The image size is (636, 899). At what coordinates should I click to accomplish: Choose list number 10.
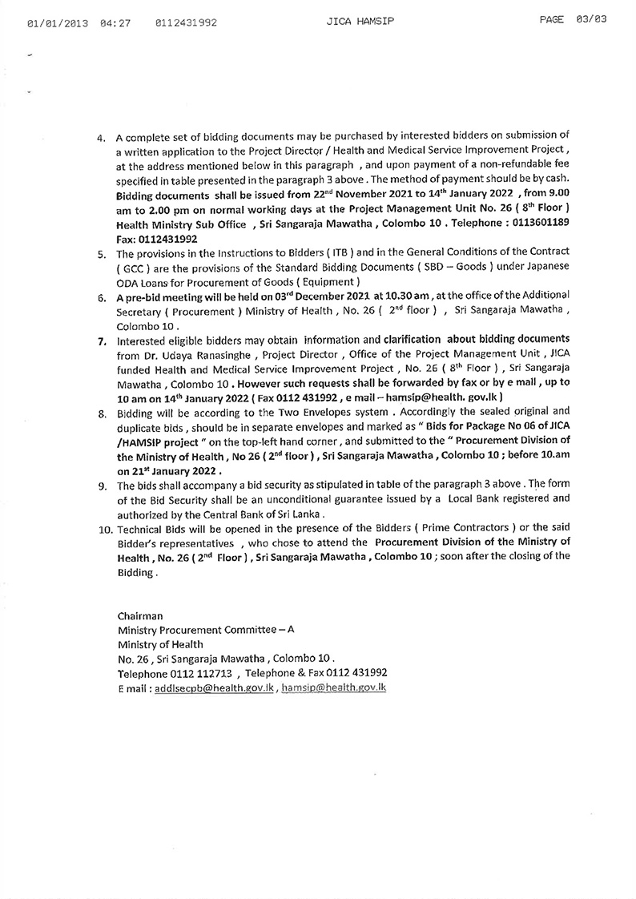pyautogui.click(x=102, y=531)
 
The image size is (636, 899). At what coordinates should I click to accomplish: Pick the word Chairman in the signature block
pyautogui.click(x=140, y=617)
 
